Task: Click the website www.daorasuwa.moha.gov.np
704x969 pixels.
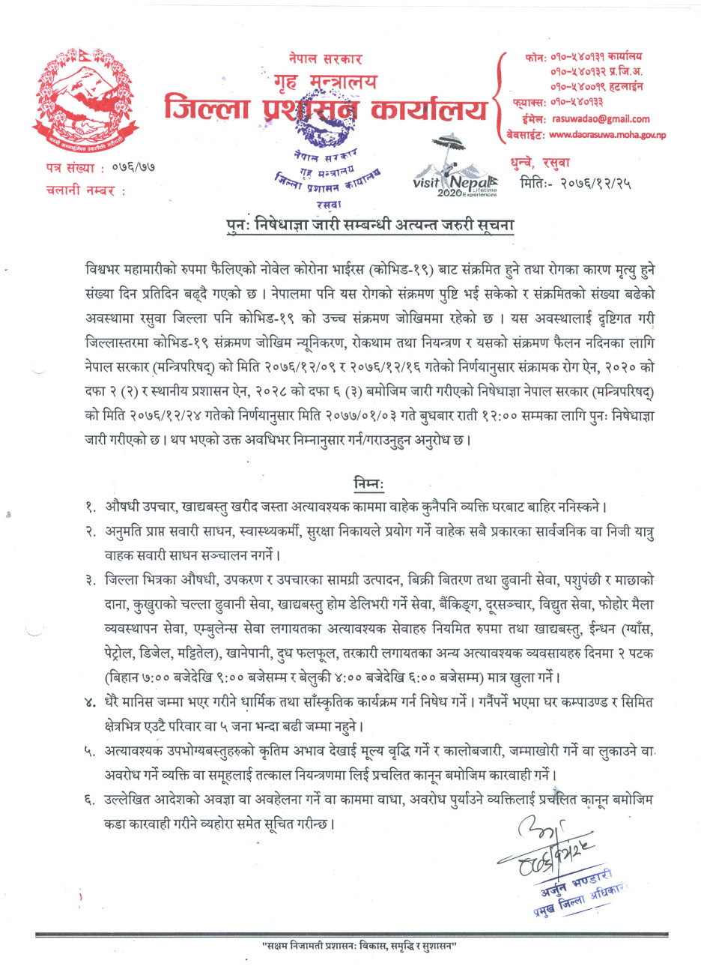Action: [x=607, y=135]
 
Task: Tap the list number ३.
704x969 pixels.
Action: [x=91, y=579]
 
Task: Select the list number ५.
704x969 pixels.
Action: [x=91, y=752]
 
